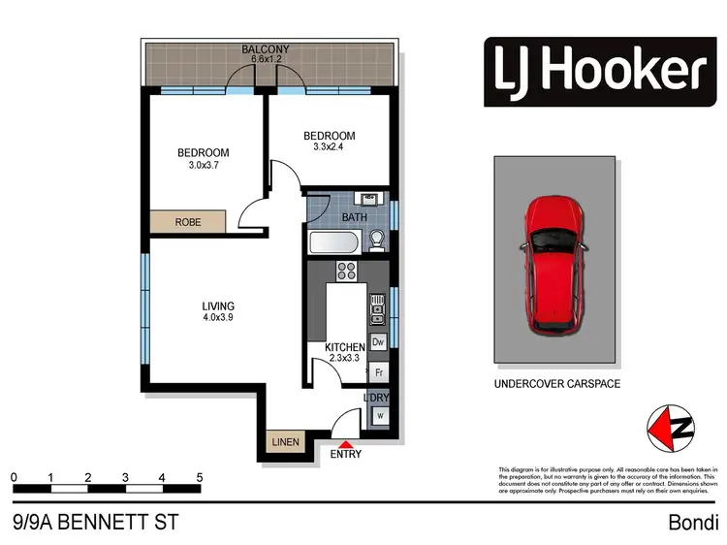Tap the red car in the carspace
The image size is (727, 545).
[554, 266]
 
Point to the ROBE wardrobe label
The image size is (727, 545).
[188, 221]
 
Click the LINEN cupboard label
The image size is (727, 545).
[285, 442]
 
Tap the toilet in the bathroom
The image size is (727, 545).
[380, 240]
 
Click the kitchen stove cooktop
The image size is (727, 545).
[346, 270]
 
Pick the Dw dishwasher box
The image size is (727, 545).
[379, 341]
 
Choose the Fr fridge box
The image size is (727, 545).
[379, 371]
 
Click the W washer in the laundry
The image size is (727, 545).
[380, 417]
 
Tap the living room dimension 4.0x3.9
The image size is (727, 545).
[219, 317]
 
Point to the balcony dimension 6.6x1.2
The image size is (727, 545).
[265, 59]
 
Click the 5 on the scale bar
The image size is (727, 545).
[199, 477]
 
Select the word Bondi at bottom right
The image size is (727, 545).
[692, 523]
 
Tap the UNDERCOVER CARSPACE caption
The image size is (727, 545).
[556, 384]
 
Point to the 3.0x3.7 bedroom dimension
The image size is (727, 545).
[203, 165]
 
